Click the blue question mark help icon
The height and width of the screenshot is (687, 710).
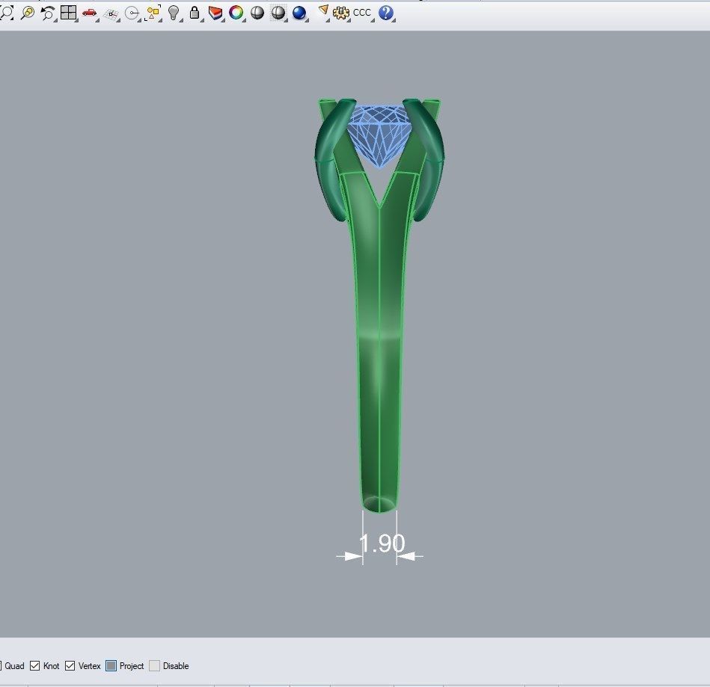click(386, 13)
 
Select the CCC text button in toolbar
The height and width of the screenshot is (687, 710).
click(362, 13)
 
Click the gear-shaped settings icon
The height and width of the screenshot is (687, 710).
click(341, 13)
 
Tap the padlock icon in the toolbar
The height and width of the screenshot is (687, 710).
click(195, 13)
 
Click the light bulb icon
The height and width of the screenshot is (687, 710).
click(174, 13)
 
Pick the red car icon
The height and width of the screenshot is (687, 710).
click(90, 13)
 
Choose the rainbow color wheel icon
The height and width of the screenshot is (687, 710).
click(236, 13)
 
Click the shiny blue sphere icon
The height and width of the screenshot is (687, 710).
click(299, 13)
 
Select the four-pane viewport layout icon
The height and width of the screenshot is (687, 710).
click(69, 13)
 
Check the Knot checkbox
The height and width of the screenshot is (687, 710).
click(35, 666)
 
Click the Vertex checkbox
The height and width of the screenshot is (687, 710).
click(70, 666)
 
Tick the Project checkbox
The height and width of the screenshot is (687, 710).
click(111, 666)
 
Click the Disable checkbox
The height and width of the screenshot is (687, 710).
click(154, 666)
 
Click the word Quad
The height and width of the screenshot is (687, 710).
click(15, 666)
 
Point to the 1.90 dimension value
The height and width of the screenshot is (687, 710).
click(382, 543)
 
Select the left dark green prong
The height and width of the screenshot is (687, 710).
click(330, 164)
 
